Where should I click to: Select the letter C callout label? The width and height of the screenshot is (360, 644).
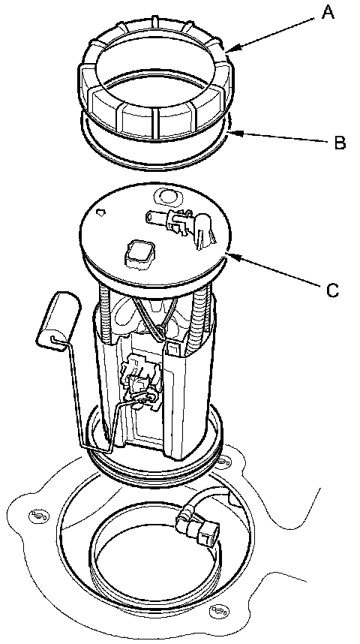(x=332, y=290)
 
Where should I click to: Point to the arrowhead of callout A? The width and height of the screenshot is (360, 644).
(x=228, y=51)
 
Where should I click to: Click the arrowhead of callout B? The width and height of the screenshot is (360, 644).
(x=232, y=132)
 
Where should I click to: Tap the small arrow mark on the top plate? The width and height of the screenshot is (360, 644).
(x=100, y=212)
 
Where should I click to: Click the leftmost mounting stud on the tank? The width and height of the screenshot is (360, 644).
(x=35, y=515)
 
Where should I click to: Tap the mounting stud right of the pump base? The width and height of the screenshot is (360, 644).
(x=223, y=462)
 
